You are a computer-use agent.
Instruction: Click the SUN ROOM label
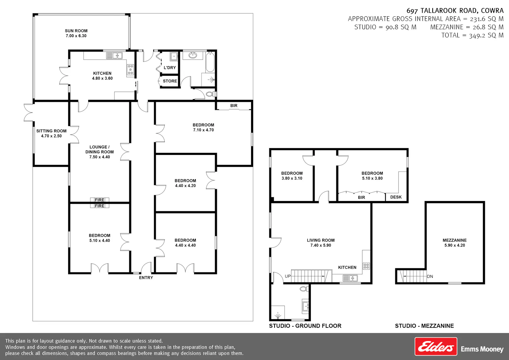point(76,31)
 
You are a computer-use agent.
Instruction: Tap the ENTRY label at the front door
point(146,278)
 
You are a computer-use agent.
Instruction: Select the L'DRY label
point(170,68)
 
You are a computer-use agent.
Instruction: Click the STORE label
point(170,81)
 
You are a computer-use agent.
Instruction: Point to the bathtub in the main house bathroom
point(210,62)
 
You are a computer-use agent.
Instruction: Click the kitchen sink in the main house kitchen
point(114,55)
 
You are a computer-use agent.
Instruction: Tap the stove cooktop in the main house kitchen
point(130,70)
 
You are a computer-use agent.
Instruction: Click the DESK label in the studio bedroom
point(396,197)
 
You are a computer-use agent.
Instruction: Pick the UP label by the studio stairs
point(288,276)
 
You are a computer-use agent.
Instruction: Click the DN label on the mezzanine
point(430,276)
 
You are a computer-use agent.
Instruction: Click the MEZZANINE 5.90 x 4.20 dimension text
point(455,246)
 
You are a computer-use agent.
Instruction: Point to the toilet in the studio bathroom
point(304,289)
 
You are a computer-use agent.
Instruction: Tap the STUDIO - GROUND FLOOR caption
point(305,326)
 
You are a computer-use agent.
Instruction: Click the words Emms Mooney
point(482,349)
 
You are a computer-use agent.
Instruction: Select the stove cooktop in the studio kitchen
point(366,266)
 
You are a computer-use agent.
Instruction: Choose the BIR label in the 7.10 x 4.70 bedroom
point(234,106)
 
